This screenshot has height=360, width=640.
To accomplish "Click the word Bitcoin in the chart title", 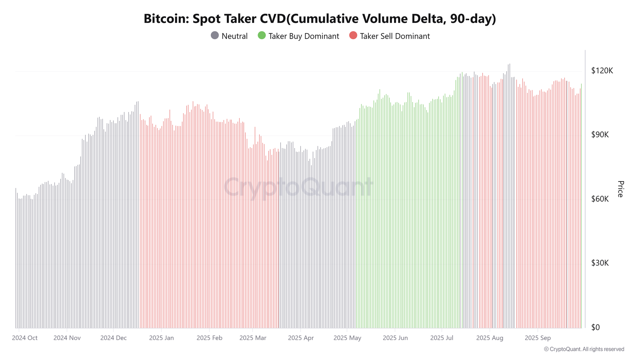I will pyautogui.click(x=165, y=19).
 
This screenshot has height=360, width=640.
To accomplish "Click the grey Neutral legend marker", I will pyautogui.click(x=215, y=36).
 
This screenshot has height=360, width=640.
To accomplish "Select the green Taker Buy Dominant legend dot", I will pyautogui.click(x=262, y=36).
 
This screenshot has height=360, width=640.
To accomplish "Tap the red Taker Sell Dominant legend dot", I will pyautogui.click(x=353, y=36).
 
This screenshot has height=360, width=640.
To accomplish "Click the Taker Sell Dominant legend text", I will pyautogui.click(x=394, y=36).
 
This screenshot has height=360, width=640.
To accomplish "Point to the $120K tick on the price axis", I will pyautogui.click(x=602, y=71).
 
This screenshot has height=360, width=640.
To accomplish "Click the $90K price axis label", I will pyautogui.click(x=600, y=135).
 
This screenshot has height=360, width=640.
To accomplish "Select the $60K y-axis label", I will pyautogui.click(x=600, y=199).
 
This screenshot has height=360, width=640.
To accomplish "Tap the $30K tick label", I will pyautogui.click(x=600, y=263).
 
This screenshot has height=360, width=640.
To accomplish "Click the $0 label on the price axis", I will pyautogui.click(x=595, y=327).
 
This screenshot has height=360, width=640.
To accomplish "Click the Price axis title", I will pyautogui.click(x=620, y=189).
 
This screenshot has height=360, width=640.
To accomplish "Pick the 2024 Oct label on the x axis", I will pyautogui.click(x=25, y=338).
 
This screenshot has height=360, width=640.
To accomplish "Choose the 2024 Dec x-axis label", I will pyautogui.click(x=113, y=338).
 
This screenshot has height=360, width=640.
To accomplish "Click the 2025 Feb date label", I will pyautogui.click(x=209, y=338).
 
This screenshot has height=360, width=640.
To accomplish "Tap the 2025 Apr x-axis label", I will pyautogui.click(x=300, y=338).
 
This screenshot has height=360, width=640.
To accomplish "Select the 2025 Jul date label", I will pyautogui.click(x=442, y=338).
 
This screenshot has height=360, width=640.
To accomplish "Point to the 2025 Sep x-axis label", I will pyautogui.click(x=538, y=338).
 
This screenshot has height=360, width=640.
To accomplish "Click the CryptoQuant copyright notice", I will pyautogui.click(x=584, y=349).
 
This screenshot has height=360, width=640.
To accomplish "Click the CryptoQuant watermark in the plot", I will pyautogui.click(x=298, y=187).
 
